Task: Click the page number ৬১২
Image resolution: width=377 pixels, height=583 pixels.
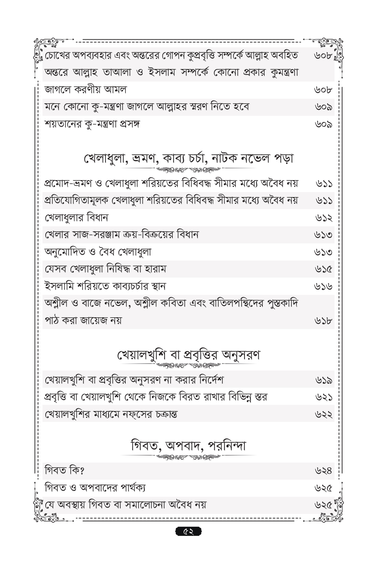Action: click(x=324, y=218)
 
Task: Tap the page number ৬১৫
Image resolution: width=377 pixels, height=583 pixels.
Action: click(x=324, y=270)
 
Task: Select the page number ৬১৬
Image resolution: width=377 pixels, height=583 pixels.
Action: click(x=324, y=287)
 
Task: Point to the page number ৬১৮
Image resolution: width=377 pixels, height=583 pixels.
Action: click(x=324, y=321)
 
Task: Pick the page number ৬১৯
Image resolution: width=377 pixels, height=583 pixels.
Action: click(x=324, y=380)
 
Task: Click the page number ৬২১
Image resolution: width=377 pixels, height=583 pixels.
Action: click(x=324, y=398)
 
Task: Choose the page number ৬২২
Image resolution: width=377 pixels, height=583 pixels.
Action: click(x=324, y=415)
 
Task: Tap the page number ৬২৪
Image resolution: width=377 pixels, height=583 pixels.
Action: click(x=324, y=471)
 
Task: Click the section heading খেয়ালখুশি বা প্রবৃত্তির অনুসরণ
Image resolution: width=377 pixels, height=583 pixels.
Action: click(x=188, y=355)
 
